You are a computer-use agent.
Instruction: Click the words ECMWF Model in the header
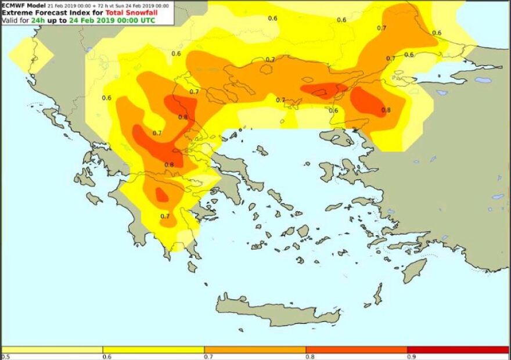click(23, 5)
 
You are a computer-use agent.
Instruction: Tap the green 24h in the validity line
click(39, 21)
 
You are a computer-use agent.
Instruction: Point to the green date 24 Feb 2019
click(91, 21)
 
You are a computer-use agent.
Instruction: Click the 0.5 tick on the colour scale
click(6, 357)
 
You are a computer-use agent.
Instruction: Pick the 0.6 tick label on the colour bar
click(107, 357)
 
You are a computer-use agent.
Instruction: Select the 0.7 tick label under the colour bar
click(208, 357)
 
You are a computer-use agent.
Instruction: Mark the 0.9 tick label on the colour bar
click(411, 357)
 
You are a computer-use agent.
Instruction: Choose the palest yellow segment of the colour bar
click(52, 350)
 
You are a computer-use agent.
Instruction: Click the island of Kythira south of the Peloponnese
click(192, 267)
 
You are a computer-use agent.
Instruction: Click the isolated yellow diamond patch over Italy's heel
click(31, 55)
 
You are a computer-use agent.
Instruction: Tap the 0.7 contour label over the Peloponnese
click(165, 217)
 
